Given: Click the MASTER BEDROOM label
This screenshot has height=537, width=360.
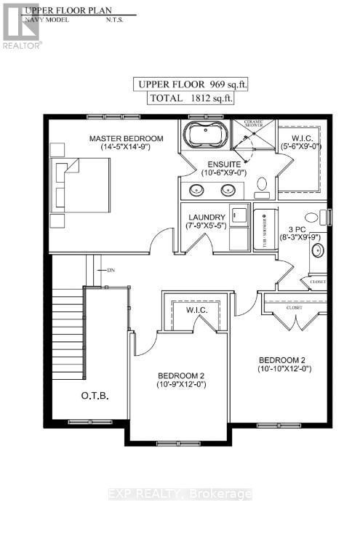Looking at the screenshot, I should click(126, 138).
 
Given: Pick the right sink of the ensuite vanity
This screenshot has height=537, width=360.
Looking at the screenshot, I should click(228, 191).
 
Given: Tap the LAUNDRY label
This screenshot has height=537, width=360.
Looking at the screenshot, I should click(207, 217).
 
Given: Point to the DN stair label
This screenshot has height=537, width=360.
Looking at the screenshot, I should click(111, 270).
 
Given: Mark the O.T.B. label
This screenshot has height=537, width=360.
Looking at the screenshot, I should click(95, 396).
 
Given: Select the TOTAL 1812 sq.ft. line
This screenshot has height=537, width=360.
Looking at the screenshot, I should click(196, 98).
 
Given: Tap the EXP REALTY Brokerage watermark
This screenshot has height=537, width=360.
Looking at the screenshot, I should click(180, 494).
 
